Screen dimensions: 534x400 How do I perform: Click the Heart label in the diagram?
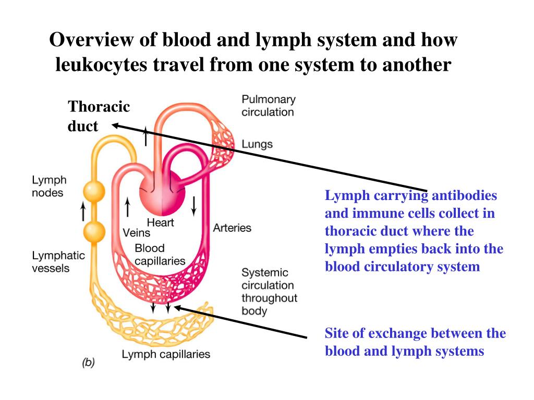[160, 222]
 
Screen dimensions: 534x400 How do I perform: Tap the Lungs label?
[257, 144]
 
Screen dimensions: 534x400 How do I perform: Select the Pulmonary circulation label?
[269, 106]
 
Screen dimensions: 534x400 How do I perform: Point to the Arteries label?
[232, 228]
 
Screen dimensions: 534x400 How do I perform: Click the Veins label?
[136, 233]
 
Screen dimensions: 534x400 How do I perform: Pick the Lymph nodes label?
[49, 186]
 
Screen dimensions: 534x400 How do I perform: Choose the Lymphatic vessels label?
[58, 261]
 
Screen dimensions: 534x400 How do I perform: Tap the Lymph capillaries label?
[166, 354]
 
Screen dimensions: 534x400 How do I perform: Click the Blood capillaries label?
[160, 254]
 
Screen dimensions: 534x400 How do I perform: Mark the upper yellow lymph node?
[94, 192]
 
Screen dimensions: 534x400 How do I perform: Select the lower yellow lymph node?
[94, 232]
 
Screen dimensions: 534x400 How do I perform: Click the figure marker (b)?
[88, 362]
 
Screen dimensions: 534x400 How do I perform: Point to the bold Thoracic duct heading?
[99, 116]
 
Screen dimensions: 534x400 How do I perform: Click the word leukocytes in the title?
[102, 64]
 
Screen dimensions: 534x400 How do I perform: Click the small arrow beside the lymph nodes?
[83, 211]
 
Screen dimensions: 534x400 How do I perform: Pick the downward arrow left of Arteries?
[194, 206]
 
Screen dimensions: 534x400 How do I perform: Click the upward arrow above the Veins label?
[127, 207]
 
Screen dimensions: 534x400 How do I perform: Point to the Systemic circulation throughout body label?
[270, 292]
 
